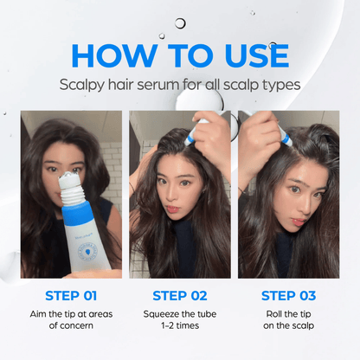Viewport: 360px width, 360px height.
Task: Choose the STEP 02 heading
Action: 180,294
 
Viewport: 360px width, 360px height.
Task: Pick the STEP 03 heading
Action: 288,294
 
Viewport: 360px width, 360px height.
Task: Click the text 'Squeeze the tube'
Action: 180,312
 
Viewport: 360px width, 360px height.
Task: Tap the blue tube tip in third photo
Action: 284,135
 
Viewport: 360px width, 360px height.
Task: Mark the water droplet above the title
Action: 180,23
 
